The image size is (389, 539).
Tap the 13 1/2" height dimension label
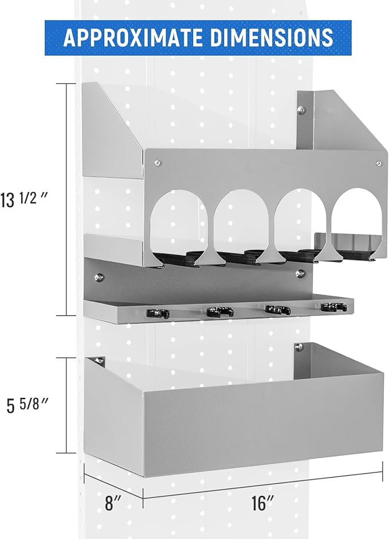point(23,200)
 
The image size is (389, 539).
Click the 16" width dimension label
point(263,503)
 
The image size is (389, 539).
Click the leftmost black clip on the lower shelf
point(158,313)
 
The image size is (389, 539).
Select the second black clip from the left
point(220,311)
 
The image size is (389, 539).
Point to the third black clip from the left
point(277,310)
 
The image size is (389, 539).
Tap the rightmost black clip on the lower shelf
point(334,307)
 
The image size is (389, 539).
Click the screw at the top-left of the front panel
point(158,163)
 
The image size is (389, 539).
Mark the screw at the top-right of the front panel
point(379,163)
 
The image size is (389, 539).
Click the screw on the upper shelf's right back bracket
point(301,110)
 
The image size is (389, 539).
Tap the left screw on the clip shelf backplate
point(99,277)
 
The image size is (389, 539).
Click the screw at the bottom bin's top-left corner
point(99,361)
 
